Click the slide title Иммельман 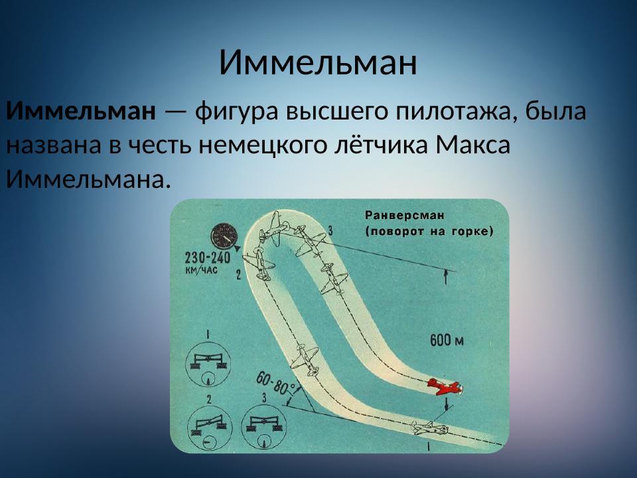318,62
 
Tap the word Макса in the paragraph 473,145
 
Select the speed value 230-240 205,258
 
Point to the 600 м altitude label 447,341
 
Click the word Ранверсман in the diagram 404,215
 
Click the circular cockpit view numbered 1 208,364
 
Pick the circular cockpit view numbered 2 208,428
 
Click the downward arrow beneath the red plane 447,402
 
